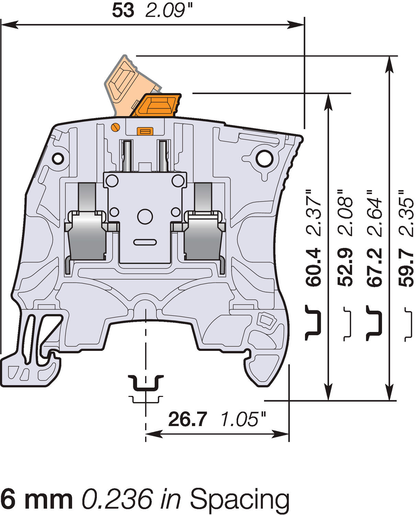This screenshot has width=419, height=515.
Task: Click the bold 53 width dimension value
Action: pos(123,11)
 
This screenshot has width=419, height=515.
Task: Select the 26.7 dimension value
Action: pos(188,419)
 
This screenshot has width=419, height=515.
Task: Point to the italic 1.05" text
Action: pos(243,419)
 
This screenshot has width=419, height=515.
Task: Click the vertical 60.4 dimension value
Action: pos(313,267)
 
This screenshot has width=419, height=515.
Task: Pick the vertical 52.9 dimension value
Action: pos(345,267)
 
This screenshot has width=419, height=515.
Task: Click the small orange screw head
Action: pos(116,127)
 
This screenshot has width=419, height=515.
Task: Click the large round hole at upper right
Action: pos(264,158)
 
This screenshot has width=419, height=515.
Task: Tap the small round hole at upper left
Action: pos(58,158)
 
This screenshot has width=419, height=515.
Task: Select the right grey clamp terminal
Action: pos(203,237)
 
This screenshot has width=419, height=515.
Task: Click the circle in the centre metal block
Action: pos(145,216)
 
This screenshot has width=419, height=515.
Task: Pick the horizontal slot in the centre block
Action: pos(145,242)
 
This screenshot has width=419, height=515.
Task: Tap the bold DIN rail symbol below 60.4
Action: pos(313,322)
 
